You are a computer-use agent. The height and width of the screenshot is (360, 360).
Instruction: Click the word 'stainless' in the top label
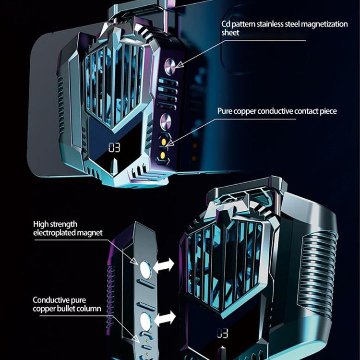(x=276, y=24)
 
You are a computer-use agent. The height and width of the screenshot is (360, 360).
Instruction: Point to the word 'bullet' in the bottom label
(x=66, y=308)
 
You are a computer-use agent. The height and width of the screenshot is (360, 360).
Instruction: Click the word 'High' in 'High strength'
(x=41, y=224)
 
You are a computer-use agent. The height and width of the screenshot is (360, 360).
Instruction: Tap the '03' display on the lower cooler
(x=222, y=333)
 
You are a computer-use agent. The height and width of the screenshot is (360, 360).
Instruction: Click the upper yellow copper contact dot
(x=166, y=142)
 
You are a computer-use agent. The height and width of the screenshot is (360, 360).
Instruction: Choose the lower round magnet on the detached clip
(x=146, y=321)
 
